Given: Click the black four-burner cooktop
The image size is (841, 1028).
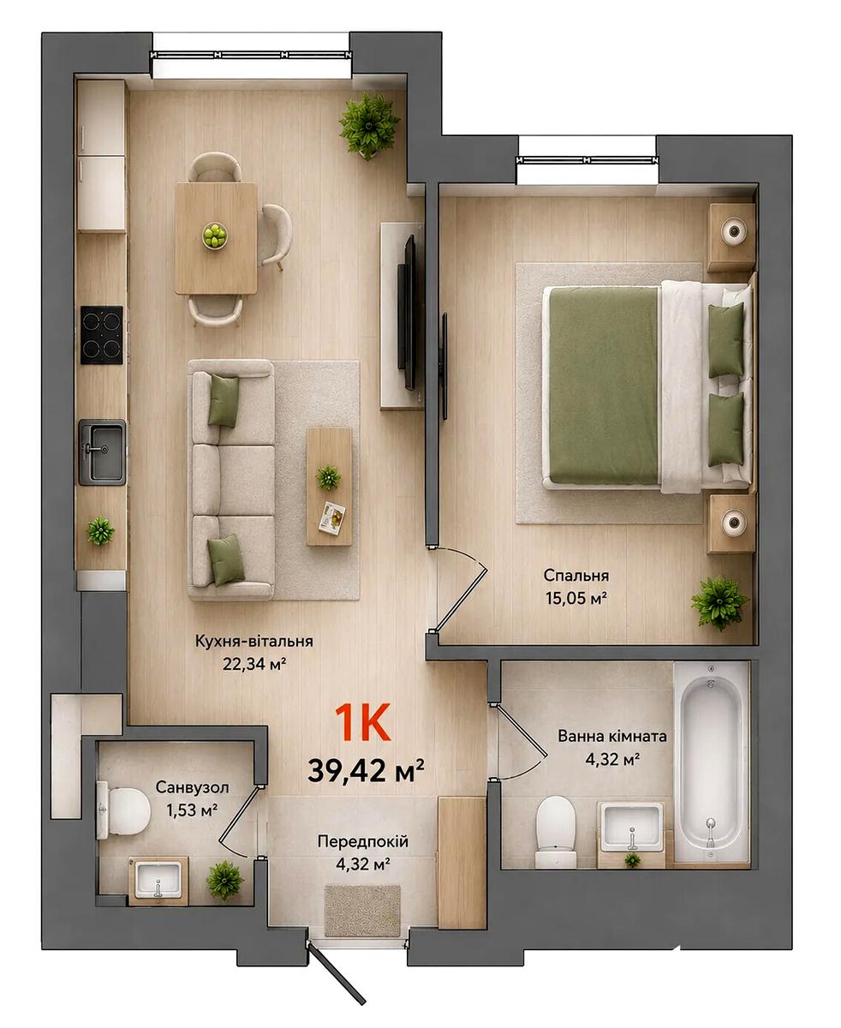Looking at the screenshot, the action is coord(102,335).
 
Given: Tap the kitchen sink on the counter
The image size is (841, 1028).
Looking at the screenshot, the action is coord(102,453).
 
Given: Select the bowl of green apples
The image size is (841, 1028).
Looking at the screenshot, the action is coord(215,236).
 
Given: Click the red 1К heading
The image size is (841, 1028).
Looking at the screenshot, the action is coord(363,723).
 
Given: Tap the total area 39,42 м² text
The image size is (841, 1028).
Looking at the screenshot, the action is coord(366,771).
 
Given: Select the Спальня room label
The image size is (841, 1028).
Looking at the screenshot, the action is coord(576,576).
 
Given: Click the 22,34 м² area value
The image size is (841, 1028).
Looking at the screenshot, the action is coord(253,664).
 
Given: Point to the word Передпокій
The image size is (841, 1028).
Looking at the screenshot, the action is coord(363,841).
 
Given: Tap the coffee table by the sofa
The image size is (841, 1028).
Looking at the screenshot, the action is coord(330,486).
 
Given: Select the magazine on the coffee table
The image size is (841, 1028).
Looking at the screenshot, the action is coord(331,517).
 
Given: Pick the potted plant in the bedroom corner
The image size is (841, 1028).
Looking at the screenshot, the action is coord(719,603).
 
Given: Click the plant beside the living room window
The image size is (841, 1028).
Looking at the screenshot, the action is coord(369,126).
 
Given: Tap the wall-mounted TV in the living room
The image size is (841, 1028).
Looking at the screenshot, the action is coord(407,312).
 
